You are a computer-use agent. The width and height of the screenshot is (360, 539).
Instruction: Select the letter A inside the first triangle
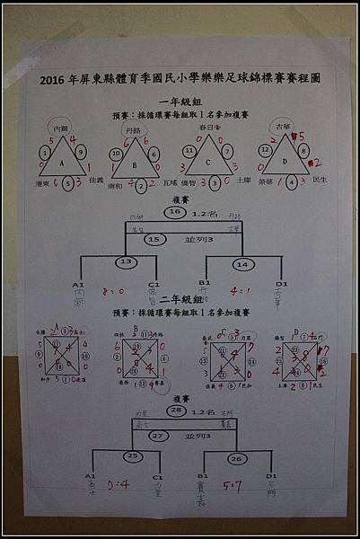[61, 163]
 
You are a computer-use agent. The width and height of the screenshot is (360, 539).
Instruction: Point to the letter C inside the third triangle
[206, 163]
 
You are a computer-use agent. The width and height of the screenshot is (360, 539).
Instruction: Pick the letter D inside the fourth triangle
[285, 162]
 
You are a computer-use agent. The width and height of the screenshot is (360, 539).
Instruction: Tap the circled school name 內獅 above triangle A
[61, 129]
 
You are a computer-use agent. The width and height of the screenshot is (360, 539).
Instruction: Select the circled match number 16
[176, 212]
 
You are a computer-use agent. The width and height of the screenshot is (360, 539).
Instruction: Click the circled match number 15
[154, 240]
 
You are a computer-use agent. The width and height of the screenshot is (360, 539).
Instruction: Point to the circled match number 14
[241, 264]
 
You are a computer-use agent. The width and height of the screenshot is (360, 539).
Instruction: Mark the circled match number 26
[237, 460]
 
